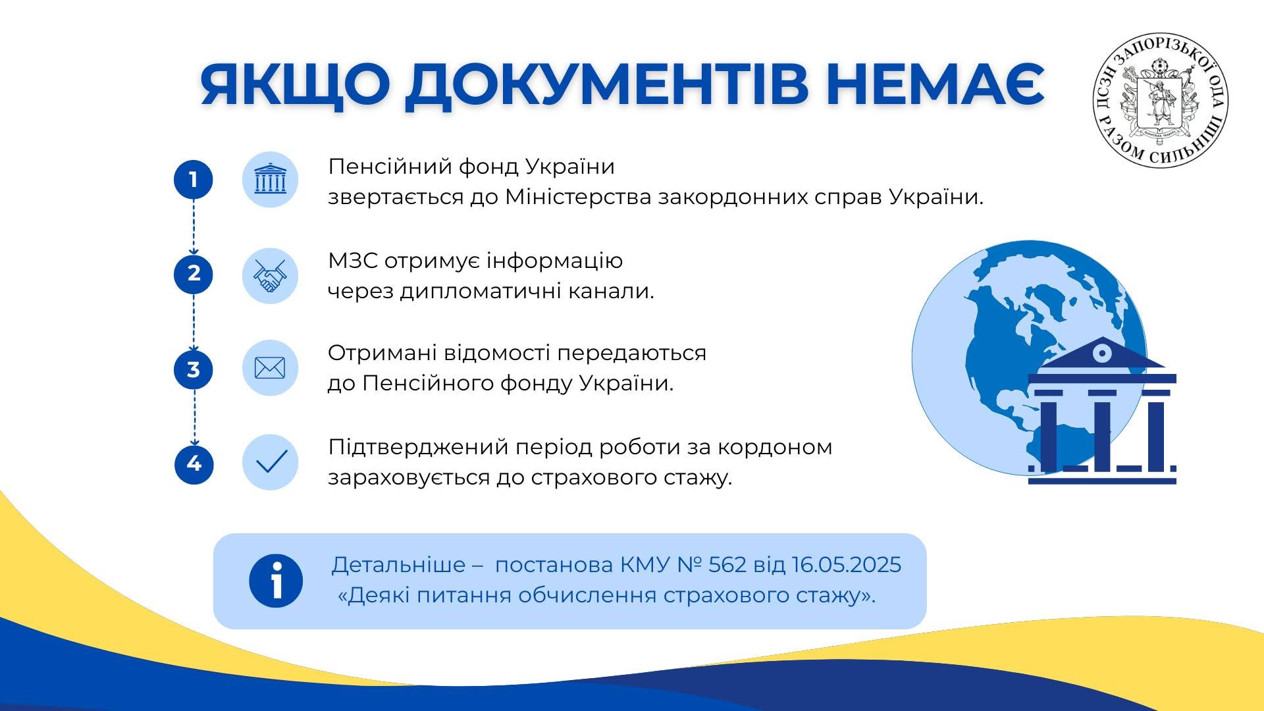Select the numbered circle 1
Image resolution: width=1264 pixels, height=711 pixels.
click(x=194, y=180)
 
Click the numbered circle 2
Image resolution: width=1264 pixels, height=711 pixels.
click(x=194, y=274)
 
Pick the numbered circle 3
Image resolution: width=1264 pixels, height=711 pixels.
click(x=194, y=369)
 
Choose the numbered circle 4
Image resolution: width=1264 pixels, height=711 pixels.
click(x=194, y=464)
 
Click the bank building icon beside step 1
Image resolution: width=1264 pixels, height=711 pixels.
click(x=270, y=180)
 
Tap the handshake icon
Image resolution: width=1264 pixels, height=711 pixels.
click(x=270, y=275)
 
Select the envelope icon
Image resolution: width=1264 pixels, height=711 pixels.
click(x=270, y=368)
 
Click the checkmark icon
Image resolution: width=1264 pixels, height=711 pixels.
click(x=270, y=462)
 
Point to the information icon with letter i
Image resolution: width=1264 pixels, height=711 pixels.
click(x=276, y=581)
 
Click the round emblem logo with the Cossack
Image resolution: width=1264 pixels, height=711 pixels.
click(x=1160, y=100)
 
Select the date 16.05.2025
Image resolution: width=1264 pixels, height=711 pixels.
click(x=847, y=565)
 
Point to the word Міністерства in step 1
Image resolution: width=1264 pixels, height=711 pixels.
click(x=579, y=197)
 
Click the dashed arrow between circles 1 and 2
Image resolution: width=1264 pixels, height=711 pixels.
click(x=194, y=227)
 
